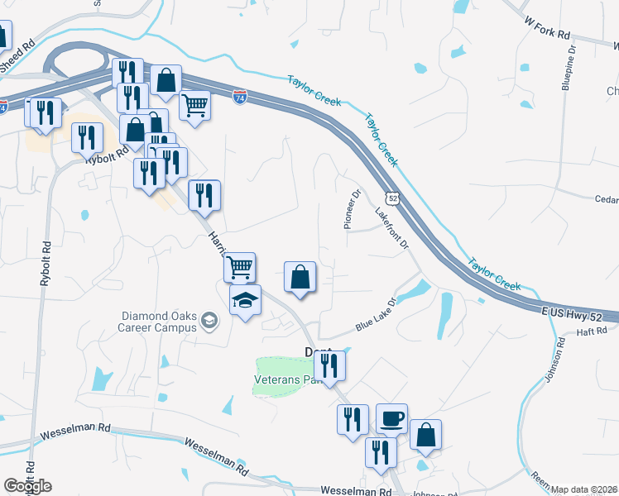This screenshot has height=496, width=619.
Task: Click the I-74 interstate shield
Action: tap(240, 98)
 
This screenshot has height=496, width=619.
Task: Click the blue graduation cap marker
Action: tap(245, 301)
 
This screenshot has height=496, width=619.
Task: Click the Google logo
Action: tap(27, 486)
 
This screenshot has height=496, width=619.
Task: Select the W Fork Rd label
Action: tap(547, 28)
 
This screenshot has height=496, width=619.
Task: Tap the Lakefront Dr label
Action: tap(392, 227)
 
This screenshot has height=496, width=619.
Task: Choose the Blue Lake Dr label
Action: tap(377, 315)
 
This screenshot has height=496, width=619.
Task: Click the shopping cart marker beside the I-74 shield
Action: tap(195, 106)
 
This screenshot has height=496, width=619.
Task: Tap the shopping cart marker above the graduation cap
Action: tap(238, 268)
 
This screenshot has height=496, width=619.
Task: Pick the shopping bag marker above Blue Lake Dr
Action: tap(300, 278)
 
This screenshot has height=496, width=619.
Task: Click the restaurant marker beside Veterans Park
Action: tap(330, 366)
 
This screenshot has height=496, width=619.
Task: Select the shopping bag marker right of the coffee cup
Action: tap(425, 436)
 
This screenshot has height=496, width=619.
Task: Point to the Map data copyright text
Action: tap(584, 489)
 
